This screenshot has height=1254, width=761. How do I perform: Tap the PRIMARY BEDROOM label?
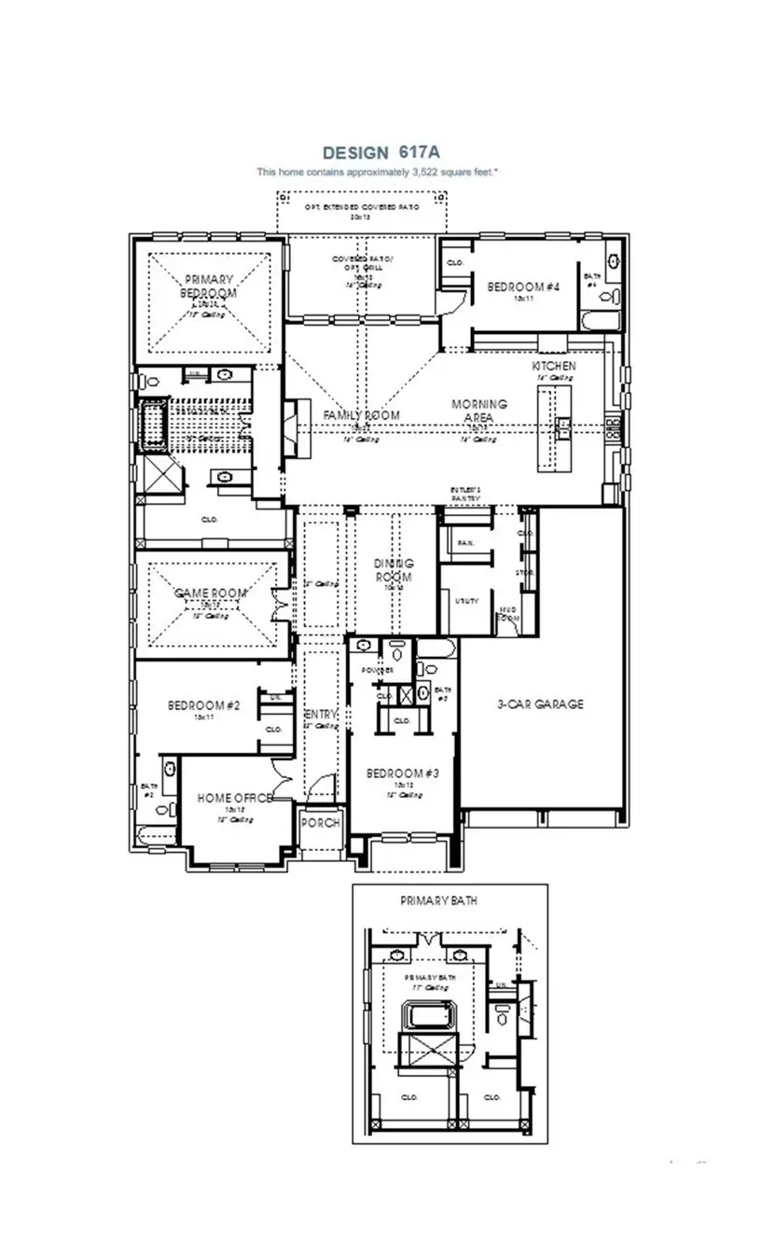pyautogui.click(x=209, y=286)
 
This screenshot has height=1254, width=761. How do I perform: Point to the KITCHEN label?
pyautogui.click(x=554, y=366)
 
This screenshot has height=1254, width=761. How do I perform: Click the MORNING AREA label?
pyautogui.click(x=479, y=411)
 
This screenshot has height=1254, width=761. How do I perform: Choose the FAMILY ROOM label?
pyautogui.click(x=361, y=414)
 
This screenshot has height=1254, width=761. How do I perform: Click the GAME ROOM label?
pyautogui.click(x=211, y=593)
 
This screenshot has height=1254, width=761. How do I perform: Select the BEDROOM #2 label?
pyautogui.click(x=204, y=705)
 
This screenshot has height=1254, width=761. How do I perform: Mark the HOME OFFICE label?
pyautogui.click(x=235, y=799)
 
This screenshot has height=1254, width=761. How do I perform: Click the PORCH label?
pyautogui.click(x=320, y=823)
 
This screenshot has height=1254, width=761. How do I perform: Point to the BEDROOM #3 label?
pyautogui.click(x=402, y=773)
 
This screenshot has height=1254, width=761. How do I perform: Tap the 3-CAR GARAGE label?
pyautogui.click(x=540, y=704)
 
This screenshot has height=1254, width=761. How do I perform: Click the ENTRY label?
pyautogui.click(x=321, y=714)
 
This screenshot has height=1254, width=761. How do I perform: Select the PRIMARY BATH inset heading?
pyautogui.click(x=446, y=901)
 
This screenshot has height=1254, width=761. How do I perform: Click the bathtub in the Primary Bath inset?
pyautogui.click(x=426, y=1016)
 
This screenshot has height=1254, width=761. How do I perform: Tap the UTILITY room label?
pyautogui.click(x=466, y=602)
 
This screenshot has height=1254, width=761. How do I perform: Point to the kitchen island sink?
pyautogui.click(x=563, y=429)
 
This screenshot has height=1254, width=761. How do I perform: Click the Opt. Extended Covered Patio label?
pyautogui.click(x=360, y=206)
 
